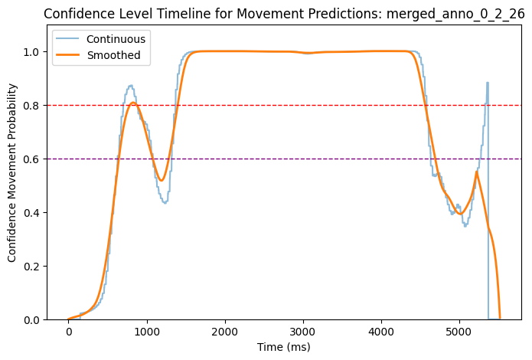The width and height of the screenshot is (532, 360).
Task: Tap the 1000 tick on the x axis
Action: coord(146,334)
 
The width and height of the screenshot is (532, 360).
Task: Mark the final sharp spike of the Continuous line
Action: coord(487,83)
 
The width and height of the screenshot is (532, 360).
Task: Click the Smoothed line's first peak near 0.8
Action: coord(133,103)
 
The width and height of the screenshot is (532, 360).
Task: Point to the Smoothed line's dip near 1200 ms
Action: coord(162,181)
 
